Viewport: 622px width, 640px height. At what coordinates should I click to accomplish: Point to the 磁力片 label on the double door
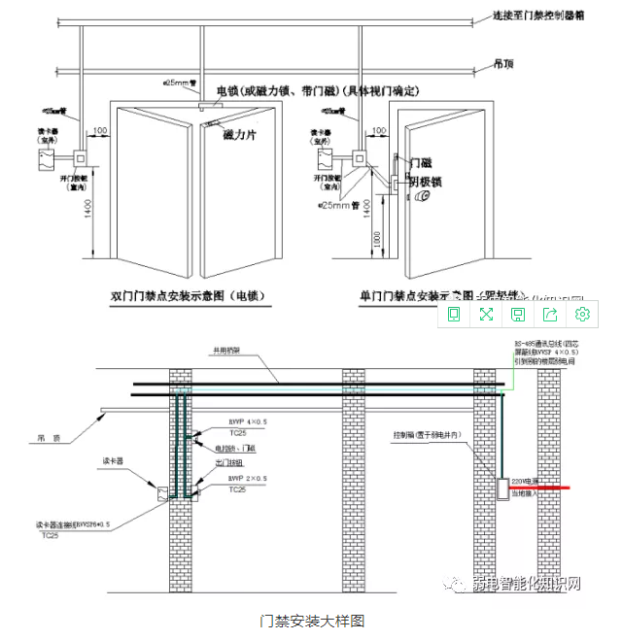[x=239, y=133]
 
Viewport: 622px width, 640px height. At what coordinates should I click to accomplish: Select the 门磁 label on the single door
[x=421, y=162]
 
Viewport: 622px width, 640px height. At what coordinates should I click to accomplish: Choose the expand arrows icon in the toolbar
[x=486, y=314]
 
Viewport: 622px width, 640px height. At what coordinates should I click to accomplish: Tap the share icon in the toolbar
[x=550, y=314]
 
